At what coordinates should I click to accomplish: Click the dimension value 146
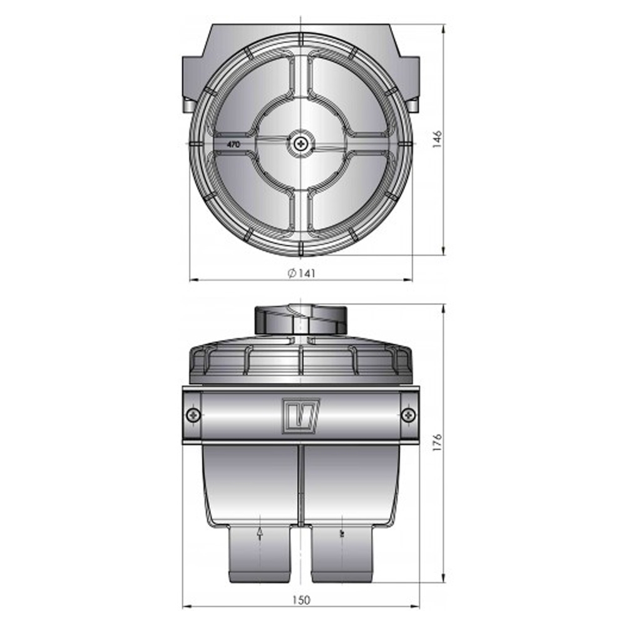tap(438, 139)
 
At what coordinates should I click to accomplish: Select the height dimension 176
tap(438, 441)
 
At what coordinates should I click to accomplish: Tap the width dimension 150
tap(301, 600)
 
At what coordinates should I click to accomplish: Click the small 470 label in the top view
tap(233, 145)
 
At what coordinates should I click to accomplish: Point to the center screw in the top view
tap(302, 145)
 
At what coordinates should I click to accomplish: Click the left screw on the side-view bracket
tap(193, 414)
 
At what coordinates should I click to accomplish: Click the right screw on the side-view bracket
tap(408, 414)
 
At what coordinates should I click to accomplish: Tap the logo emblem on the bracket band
tap(301, 414)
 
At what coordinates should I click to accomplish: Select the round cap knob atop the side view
tap(300, 320)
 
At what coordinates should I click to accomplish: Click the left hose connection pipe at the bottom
tap(260, 554)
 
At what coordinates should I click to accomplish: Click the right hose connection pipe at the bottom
tap(342, 554)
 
